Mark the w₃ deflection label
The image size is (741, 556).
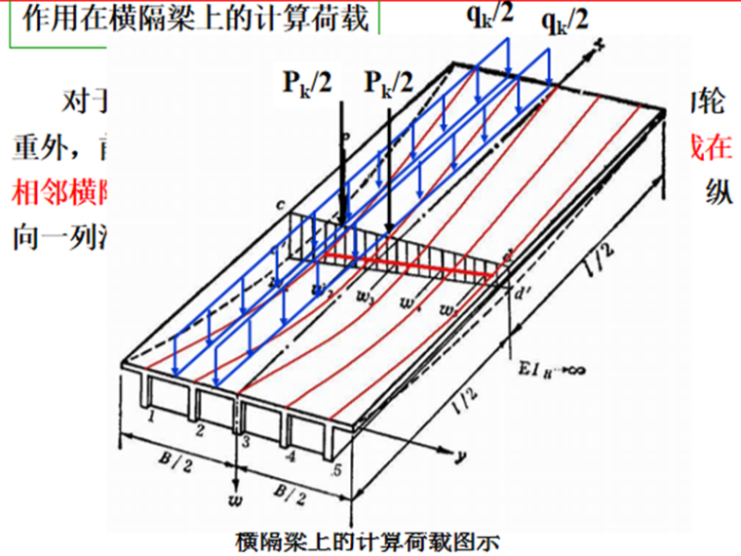(x=363, y=298)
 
